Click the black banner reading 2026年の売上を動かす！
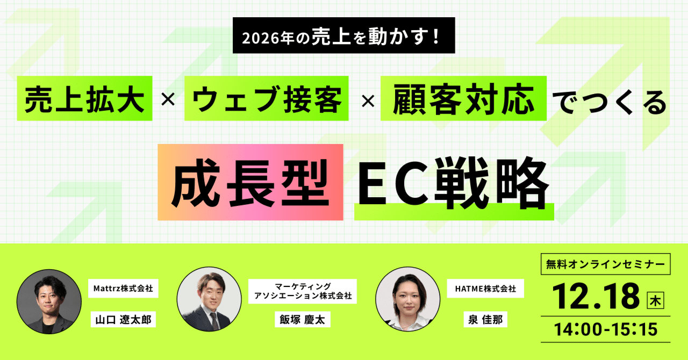pos(344,35)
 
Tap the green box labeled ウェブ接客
pos(267,99)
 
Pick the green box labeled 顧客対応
pos(463,99)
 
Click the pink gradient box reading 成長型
pos(250,183)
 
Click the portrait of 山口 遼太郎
pos(49,301)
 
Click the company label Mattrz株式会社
pos(123,289)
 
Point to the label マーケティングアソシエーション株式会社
pos(303,291)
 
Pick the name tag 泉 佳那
pos(483,320)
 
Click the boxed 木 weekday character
pos(656,299)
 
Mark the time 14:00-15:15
pos(605,329)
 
